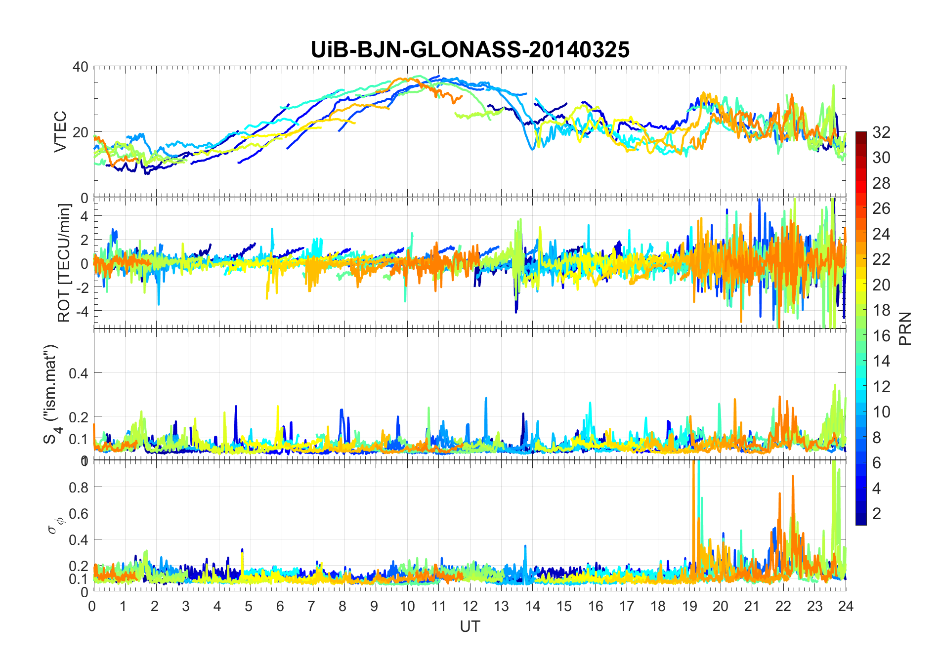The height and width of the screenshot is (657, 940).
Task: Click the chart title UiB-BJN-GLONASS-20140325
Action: [x=470, y=50]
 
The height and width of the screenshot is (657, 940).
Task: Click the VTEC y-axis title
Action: [x=60, y=131]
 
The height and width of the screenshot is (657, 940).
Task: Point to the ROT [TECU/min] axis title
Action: [x=64, y=263]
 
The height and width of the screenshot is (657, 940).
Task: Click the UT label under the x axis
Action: [x=470, y=626]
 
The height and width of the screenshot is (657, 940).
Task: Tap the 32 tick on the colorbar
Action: [x=881, y=132]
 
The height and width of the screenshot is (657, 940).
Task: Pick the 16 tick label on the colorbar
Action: [x=881, y=335]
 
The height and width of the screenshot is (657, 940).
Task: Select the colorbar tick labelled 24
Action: [x=881, y=234]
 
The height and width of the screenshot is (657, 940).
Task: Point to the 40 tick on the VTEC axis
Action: [x=80, y=67]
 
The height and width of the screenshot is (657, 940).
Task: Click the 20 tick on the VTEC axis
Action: [x=80, y=132]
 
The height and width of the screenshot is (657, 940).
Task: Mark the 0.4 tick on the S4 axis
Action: [x=78, y=373]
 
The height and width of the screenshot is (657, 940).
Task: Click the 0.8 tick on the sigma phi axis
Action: [x=78, y=487]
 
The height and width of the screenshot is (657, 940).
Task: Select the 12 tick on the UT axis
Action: [x=470, y=606]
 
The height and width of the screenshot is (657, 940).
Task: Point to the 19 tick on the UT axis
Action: [x=689, y=606]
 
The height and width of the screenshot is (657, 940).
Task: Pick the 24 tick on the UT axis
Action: [x=846, y=606]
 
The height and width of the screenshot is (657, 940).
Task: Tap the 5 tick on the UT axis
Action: [x=249, y=606]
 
